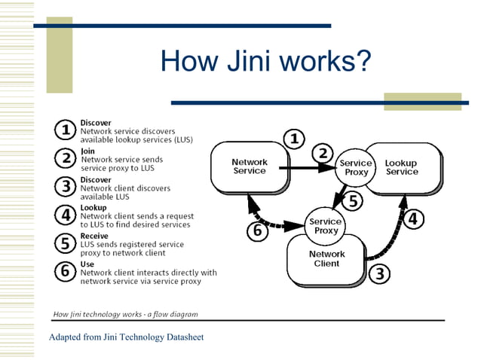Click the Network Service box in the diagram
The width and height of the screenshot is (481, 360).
[249, 166]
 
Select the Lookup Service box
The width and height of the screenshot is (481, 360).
[402, 167]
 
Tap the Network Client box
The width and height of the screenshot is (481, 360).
[326, 259]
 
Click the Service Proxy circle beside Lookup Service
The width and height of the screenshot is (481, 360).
[356, 167]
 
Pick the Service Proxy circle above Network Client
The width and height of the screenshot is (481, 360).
[326, 226]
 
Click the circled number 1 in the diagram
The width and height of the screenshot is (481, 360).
[293, 139]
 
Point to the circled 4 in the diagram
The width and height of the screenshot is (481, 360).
[414, 219]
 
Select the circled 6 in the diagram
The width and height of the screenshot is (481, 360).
[258, 230]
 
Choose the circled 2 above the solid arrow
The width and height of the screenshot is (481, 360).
[323, 153]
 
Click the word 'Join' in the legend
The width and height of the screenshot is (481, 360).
[87, 151]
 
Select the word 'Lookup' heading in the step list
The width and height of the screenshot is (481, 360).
[93, 207]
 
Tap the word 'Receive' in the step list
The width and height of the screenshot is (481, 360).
[94, 236]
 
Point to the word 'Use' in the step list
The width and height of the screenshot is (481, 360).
[87, 264]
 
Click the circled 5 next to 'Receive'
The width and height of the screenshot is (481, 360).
[66, 243]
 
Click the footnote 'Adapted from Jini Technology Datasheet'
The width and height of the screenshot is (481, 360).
[126, 337]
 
